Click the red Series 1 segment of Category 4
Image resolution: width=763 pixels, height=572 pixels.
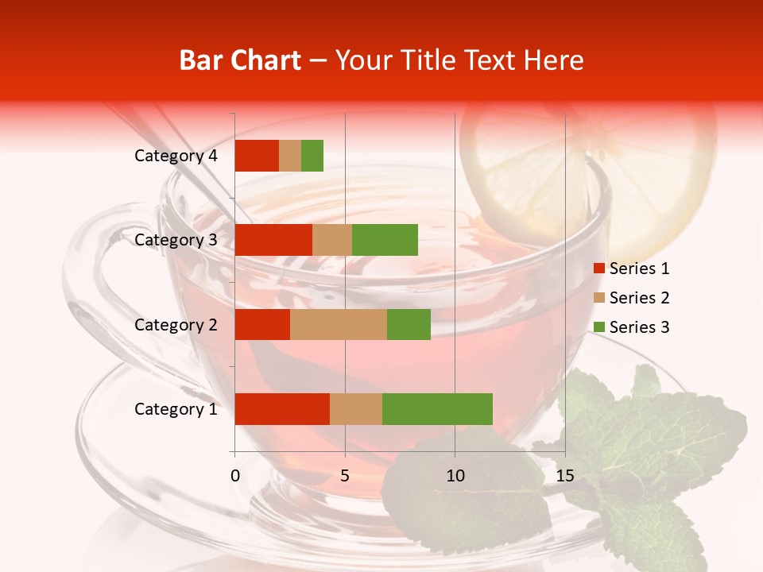pos(257,156)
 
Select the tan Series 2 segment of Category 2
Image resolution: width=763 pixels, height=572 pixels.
pos(339,324)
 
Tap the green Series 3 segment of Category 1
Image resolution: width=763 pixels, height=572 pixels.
pos(437,408)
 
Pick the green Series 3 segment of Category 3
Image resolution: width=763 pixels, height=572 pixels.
pos(385,240)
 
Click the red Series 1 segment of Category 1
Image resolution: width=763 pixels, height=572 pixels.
pos(282,408)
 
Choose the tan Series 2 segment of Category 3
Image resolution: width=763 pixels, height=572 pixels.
pos(332,240)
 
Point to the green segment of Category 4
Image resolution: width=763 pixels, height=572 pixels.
pos(312,156)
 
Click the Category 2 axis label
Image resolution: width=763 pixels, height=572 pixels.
pos(176,324)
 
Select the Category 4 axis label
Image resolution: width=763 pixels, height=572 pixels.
pos(176,156)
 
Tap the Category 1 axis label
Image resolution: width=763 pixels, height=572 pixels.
pos(176,409)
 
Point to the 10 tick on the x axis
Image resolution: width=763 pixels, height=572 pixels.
pos(455,476)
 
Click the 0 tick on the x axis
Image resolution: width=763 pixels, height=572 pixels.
pos(235,476)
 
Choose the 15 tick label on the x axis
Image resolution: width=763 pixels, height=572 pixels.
pos(564,476)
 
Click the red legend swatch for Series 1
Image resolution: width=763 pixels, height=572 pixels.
pos(599,269)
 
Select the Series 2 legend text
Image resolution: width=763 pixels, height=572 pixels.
pos(639,298)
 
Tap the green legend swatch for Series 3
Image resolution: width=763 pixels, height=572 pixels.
pos(599,327)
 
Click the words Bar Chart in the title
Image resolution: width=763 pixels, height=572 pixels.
pos(240,60)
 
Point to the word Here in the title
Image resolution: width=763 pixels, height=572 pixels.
pos(555,60)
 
